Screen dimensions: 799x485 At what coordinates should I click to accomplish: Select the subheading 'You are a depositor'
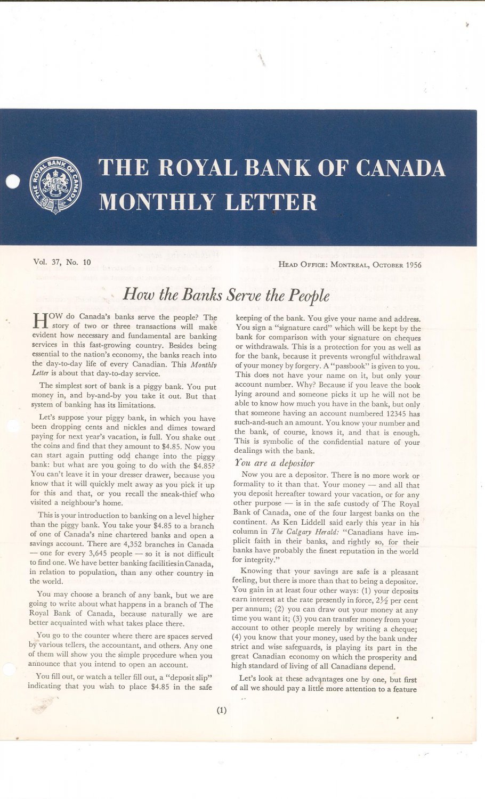[x=274, y=463]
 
